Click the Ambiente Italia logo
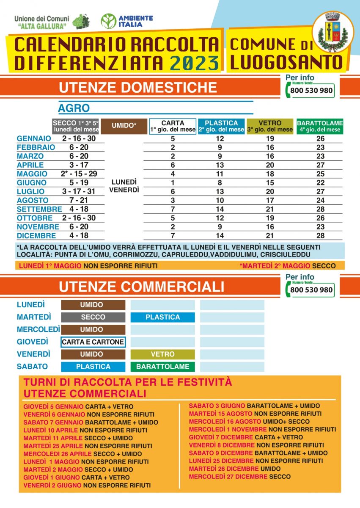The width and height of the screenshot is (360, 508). tap(127, 21)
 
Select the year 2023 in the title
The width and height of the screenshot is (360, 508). tap(194, 62)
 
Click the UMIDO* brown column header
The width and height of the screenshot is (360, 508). tap(124, 126)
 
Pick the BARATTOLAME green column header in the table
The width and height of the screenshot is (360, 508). tap(320, 126)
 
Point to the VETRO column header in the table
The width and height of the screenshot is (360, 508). tap(270, 126)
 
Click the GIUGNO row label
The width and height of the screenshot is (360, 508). tap(32, 182)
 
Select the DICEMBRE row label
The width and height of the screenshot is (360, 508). tap(36, 236)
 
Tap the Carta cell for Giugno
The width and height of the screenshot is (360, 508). tap(173, 182)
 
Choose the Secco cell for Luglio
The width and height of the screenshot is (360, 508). tap(79, 191)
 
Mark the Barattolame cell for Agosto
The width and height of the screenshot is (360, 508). tap(320, 200)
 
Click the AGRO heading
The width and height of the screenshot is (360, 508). tap(74, 108)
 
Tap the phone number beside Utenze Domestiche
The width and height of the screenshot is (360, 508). tap(312, 91)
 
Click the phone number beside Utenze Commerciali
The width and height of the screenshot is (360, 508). tap(312, 290)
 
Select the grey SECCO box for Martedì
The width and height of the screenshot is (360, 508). tap(93, 317)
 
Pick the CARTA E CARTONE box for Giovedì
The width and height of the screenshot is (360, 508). tap(93, 342)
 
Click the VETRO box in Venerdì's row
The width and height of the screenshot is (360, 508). tap(162, 354)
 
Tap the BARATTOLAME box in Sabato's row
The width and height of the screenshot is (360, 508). tap(162, 367)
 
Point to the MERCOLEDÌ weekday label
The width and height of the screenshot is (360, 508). tap(38, 329)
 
